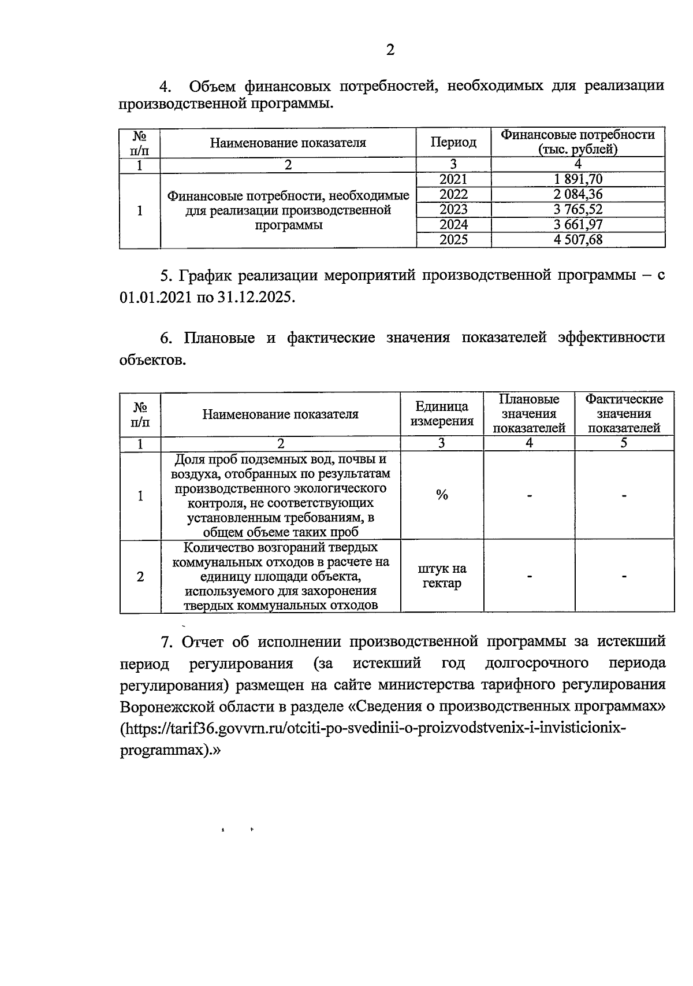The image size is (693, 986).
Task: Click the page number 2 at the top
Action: pos(390,50)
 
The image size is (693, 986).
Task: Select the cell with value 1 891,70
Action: pos(578,180)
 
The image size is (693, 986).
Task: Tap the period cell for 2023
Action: pos(453,210)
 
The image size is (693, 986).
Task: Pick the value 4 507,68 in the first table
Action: pos(578,240)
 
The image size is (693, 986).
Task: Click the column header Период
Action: pos(453,142)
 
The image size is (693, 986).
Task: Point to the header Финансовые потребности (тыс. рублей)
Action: pos(578,142)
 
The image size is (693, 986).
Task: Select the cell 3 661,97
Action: pos(578,225)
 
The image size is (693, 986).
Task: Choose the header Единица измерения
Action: pos(442,414)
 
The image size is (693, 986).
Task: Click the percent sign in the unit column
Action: pos(442,495)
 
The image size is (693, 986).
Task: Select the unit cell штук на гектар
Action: pos(442,576)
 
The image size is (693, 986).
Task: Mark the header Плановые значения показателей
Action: pos(529,414)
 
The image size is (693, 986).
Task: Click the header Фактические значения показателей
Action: pos(624,414)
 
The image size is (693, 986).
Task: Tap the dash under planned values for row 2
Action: pos(529,576)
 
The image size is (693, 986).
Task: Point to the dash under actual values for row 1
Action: pos(624,495)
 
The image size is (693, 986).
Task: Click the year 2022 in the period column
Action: pos(453,195)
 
